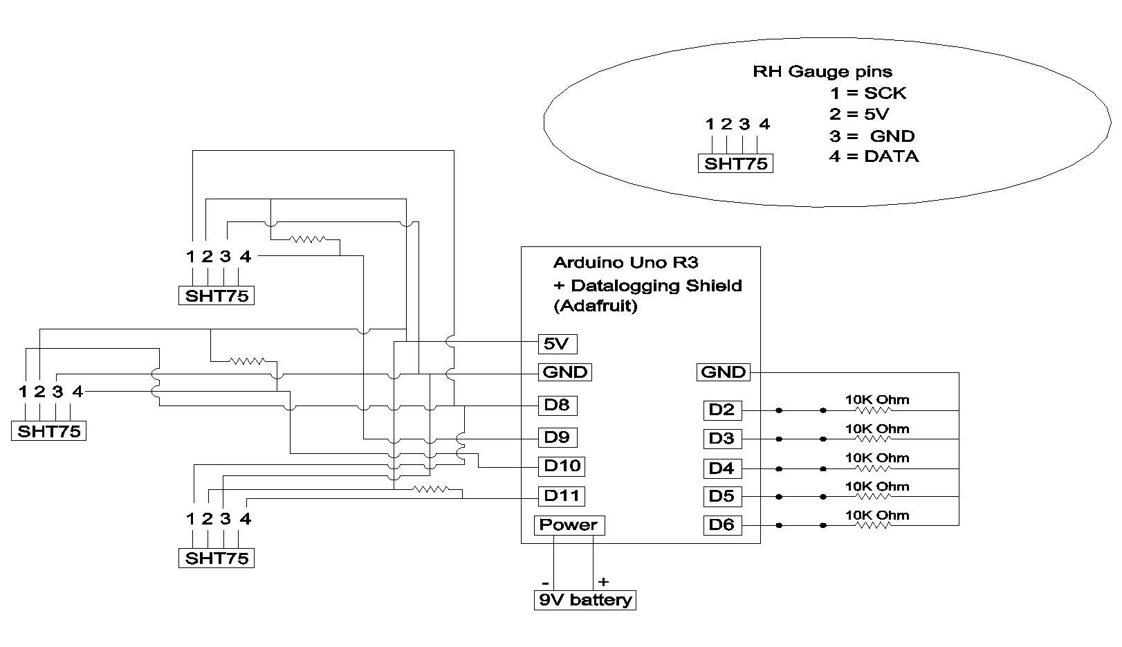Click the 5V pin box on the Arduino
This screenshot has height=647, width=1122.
pos(557,343)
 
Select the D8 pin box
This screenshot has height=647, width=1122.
pos(557,405)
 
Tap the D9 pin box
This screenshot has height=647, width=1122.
pos(557,437)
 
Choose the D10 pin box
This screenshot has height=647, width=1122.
pos(562,466)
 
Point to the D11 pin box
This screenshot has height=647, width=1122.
pos(562,495)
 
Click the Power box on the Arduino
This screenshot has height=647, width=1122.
pos(569,525)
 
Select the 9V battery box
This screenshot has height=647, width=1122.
pos(585,600)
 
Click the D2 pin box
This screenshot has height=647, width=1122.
pos(721,410)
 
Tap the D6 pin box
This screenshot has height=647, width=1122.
pos(721,525)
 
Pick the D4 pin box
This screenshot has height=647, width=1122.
pos(721,468)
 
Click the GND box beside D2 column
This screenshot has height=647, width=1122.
pos(723,372)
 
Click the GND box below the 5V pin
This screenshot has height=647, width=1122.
pos(566,372)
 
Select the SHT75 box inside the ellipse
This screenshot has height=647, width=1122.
pos(735,164)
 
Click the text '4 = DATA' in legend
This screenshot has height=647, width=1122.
pos(874,156)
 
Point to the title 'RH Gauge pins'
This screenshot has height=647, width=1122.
pos(822,71)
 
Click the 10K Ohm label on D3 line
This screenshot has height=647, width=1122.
pos(876,429)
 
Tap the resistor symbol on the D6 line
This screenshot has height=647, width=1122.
pos(874,525)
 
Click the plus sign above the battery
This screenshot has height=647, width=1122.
pos(603,582)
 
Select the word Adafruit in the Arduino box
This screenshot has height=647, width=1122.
pos(596,305)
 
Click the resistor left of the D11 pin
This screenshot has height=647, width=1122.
pos(431,490)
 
